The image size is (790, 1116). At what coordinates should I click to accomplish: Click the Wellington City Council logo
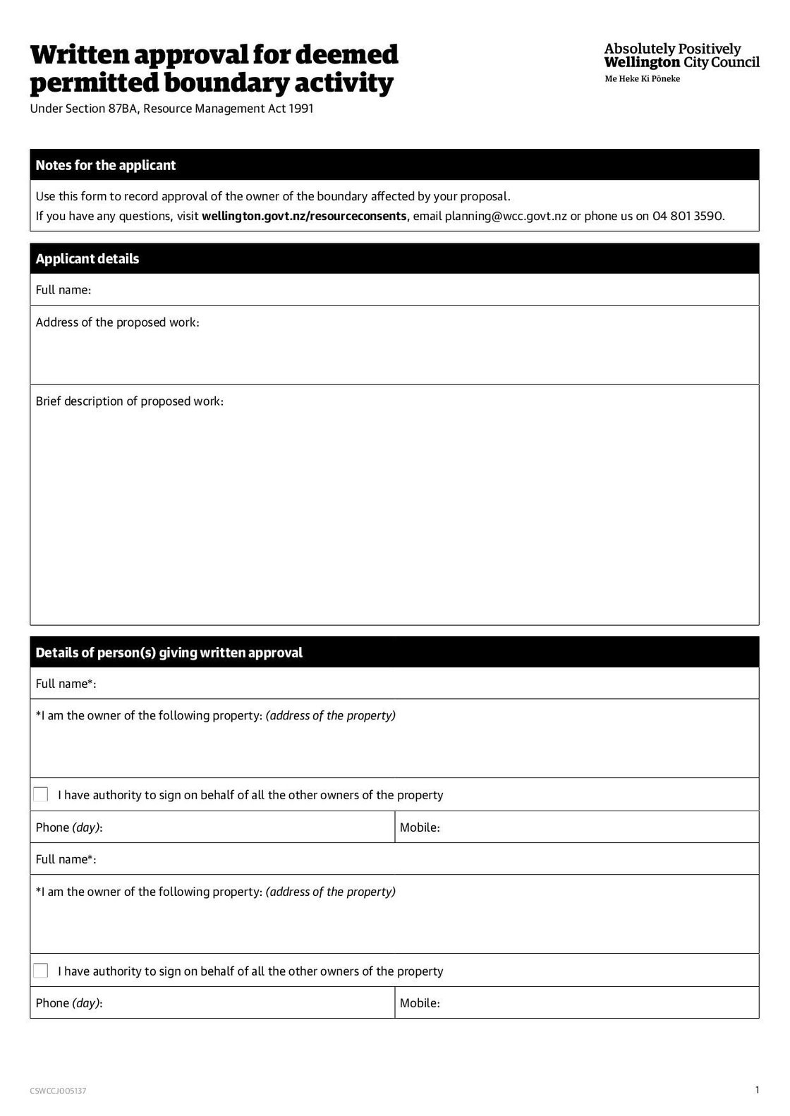tap(681, 56)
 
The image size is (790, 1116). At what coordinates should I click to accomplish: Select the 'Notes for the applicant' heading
tap(106, 165)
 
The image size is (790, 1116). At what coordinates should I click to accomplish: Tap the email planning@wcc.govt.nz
tap(506, 216)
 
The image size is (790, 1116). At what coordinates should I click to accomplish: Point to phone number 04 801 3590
tap(688, 216)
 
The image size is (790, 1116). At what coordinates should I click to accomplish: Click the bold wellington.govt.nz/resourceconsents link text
tap(304, 216)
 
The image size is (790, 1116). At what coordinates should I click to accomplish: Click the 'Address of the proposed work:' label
tap(117, 322)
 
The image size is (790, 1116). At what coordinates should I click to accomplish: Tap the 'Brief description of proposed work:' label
tap(129, 401)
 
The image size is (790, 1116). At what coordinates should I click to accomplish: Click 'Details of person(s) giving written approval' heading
tap(169, 653)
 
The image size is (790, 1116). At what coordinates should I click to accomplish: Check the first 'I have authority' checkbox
tap(41, 795)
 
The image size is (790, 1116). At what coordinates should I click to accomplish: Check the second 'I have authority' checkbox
tap(41, 971)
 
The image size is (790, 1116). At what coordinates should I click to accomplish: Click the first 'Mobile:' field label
tap(420, 827)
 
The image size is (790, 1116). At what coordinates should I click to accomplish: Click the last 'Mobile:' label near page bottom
tap(420, 1003)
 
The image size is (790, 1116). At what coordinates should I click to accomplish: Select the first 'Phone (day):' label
tap(69, 827)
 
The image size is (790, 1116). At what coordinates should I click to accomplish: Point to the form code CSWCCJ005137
tap(58, 1091)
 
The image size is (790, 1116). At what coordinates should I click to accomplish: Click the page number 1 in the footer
tap(757, 1090)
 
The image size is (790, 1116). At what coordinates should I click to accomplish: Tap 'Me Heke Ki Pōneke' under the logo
tap(642, 79)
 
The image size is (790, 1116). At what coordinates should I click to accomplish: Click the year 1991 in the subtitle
tap(300, 109)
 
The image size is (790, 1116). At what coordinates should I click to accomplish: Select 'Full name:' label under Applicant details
tap(63, 290)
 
